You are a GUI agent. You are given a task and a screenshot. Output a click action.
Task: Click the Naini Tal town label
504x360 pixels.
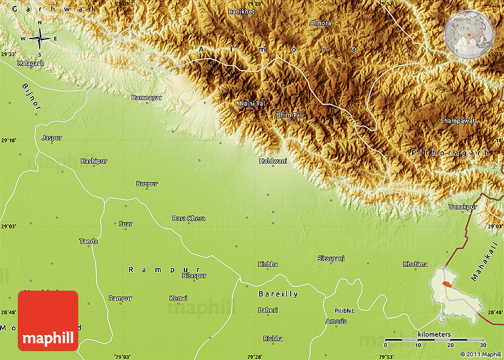(x=251, y=104)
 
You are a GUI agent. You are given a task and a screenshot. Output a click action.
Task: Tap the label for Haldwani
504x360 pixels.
(x=273, y=161)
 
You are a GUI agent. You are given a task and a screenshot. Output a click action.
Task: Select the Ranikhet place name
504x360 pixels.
(x=242, y=11)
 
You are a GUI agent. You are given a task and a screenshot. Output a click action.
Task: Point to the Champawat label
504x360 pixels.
(x=457, y=121)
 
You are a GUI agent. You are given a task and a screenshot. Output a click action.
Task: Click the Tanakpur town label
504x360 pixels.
(x=462, y=206)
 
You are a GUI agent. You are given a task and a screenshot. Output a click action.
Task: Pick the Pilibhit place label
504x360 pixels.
(x=344, y=310)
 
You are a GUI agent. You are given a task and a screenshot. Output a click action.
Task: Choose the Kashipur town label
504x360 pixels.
(x=94, y=161)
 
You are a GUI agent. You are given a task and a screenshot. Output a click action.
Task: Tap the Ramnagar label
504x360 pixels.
(x=146, y=97)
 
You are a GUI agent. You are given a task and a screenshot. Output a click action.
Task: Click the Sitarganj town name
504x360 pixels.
(x=331, y=259)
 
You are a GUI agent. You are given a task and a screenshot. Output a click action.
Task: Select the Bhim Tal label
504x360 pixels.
(x=289, y=115)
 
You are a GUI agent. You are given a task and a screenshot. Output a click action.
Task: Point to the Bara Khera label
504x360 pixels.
(x=189, y=218)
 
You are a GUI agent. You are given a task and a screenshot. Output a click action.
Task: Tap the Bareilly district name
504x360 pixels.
(x=278, y=294)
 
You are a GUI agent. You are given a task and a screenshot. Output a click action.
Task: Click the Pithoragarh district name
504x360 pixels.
(x=450, y=153)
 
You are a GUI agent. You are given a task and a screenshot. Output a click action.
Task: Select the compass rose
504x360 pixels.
(x=39, y=39)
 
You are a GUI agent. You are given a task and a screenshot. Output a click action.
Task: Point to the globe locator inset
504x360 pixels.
(x=468, y=36)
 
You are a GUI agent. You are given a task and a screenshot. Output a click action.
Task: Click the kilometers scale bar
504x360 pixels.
(x=434, y=340)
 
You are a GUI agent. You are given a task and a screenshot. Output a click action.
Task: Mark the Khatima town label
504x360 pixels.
(x=415, y=264)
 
